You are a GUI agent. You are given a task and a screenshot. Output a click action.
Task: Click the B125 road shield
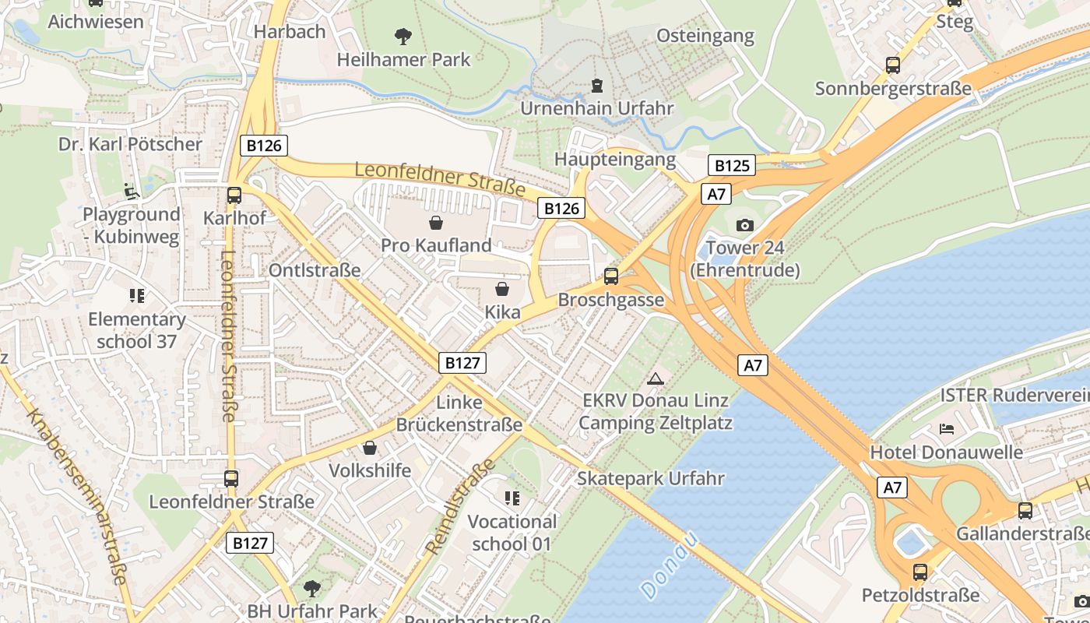(x=731, y=165)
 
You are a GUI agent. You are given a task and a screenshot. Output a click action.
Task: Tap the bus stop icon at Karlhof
(x=234, y=195)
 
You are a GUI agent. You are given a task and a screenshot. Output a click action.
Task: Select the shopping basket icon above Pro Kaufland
(x=436, y=223)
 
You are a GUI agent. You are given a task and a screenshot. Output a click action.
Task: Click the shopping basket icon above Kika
(x=502, y=290)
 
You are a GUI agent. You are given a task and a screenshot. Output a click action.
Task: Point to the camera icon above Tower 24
(x=744, y=226)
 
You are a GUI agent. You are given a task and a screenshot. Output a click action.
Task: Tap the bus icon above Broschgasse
(x=611, y=276)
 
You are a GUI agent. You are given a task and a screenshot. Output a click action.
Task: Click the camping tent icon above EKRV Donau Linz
(x=656, y=378)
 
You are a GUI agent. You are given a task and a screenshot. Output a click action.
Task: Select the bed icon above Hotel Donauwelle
(x=947, y=429)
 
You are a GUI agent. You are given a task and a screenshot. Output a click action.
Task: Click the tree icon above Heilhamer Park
(x=403, y=36)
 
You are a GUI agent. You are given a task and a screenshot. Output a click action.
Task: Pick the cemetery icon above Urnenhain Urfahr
(x=596, y=85)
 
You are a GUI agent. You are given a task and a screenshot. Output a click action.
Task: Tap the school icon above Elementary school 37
(x=137, y=296)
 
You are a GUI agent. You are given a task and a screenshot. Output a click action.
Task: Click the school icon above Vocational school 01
(x=512, y=498)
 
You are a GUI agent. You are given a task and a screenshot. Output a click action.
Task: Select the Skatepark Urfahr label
(x=650, y=478)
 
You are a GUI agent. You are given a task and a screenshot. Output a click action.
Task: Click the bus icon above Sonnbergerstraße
(x=893, y=65)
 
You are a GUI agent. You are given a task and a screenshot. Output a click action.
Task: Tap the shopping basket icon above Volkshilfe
(x=369, y=449)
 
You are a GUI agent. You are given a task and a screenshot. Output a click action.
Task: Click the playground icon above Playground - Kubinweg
(x=131, y=191)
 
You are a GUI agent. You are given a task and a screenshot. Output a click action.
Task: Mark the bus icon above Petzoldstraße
(x=920, y=572)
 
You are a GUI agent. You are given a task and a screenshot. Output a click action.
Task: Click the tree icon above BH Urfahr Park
(x=311, y=588)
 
